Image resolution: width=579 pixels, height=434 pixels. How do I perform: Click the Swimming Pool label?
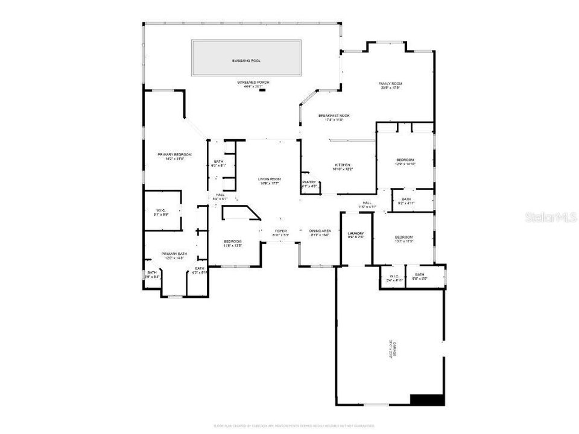pyautogui.click(x=246, y=61)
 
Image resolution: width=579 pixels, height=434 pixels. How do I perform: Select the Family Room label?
pyautogui.click(x=390, y=84)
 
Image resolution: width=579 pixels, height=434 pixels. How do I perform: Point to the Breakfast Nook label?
pyautogui.click(x=334, y=116)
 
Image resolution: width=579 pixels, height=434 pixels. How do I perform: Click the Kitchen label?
pyautogui.click(x=343, y=165)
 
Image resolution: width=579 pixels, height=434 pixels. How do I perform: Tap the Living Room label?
pyautogui.click(x=270, y=179)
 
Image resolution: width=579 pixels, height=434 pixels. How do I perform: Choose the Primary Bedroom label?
pyautogui.click(x=174, y=155)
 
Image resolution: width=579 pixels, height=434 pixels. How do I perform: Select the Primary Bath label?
pyautogui.click(x=174, y=254)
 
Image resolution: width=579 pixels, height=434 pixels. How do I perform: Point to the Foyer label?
pyautogui.click(x=281, y=231)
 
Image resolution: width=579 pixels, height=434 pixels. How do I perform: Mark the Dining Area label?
pyautogui.click(x=320, y=231)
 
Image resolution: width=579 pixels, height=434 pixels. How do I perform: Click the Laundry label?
pyautogui.click(x=355, y=234)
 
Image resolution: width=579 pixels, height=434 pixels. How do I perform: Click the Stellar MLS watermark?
pyautogui.click(x=551, y=216)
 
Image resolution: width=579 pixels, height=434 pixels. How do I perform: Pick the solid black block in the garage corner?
pyautogui.click(x=427, y=400)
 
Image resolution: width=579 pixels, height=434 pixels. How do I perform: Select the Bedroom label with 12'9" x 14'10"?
pyautogui.click(x=405, y=160)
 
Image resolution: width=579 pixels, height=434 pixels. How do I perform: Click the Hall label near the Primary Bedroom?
pyautogui.click(x=220, y=195)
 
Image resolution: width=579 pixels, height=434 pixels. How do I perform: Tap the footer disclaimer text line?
pyautogui.click(x=289, y=426)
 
